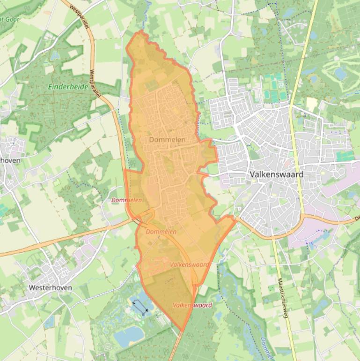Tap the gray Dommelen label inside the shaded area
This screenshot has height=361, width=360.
coord(167,140)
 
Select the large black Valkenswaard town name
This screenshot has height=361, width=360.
coord(276,174)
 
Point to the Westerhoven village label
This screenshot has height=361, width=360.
coord(50,287)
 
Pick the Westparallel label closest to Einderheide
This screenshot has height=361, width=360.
coord(96,84)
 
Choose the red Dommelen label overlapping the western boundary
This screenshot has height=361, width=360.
coord(126,200)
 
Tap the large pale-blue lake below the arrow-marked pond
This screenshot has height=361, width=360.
coord(129,335)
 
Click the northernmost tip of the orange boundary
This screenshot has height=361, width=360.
coord(140,31)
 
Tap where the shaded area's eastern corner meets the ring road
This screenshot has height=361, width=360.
coord(234,217)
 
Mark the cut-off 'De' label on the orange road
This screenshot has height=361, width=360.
coord(356,218)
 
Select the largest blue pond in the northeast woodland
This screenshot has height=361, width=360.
coord(340,74)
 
